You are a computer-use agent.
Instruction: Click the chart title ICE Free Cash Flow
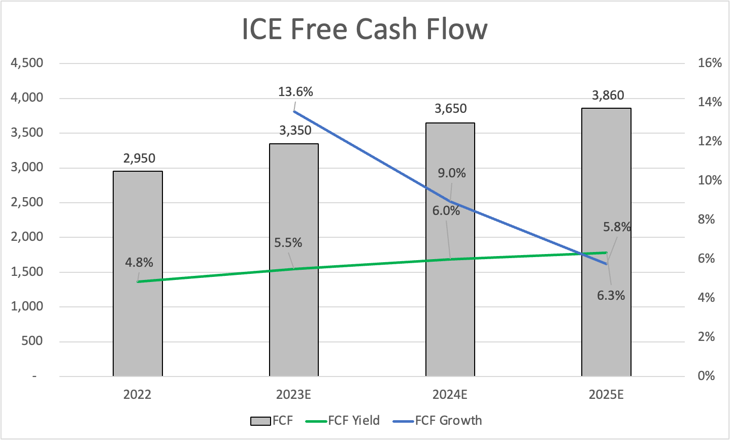[x=364, y=29]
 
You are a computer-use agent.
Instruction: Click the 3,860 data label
[x=608, y=96]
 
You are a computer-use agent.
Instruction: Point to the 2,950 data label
[x=139, y=159]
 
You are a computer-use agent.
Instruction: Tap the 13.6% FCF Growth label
[x=295, y=92]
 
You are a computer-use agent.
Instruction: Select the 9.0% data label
[x=452, y=173]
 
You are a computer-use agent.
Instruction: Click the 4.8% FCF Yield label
[x=139, y=263]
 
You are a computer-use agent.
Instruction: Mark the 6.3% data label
[x=611, y=296]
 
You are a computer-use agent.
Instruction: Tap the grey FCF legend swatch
[x=260, y=421]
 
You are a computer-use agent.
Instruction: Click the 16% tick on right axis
[x=710, y=63]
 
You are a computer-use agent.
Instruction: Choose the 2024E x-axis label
[x=450, y=395]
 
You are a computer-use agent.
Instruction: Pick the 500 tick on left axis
[x=33, y=341]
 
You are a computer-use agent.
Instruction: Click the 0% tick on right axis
[x=706, y=376]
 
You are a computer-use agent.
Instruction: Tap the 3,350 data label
[x=295, y=131]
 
